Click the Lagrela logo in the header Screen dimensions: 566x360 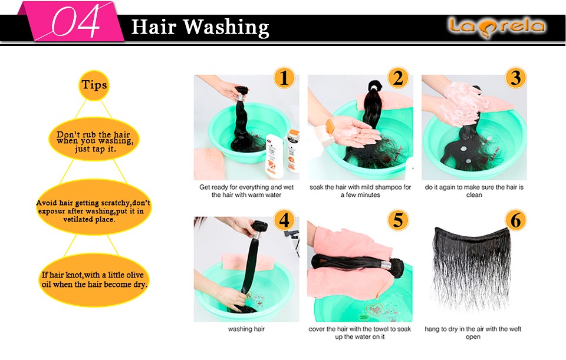coord(496,27)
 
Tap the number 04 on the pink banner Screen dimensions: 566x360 coord(75,22)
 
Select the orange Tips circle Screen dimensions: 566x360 coord(94,85)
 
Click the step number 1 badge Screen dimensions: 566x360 coord(284,78)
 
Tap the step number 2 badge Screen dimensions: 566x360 coord(398,78)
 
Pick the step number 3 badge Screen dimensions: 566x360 coord(515,78)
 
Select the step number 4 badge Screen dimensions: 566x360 coord(284,220)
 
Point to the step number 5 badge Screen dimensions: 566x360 coord(398,220)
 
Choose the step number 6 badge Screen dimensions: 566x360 coord(515,220)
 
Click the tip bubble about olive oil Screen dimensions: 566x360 coord(94,280)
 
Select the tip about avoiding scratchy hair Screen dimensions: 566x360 coord(94,207)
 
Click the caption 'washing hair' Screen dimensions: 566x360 coord(246,329)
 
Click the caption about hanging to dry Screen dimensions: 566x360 coord(473,332)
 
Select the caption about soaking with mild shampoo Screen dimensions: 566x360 coord(360,191)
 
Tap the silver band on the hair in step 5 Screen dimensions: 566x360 coord(386,266)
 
